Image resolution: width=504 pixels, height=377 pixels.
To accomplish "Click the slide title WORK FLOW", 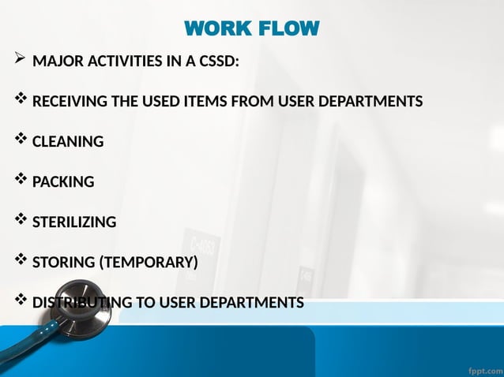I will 252,29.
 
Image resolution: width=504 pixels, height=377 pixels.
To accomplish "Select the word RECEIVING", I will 68,102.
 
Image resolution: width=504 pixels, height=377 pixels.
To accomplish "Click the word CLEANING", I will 68,142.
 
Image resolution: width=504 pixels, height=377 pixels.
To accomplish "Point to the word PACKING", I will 63,182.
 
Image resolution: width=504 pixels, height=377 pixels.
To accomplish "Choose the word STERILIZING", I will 74,222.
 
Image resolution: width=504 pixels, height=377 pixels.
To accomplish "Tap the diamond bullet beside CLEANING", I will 20,140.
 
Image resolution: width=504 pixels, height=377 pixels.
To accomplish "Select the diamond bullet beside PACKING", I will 20,180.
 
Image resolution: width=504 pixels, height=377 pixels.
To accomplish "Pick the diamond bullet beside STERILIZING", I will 20,220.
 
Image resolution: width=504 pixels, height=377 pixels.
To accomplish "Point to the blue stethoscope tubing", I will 24,347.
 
